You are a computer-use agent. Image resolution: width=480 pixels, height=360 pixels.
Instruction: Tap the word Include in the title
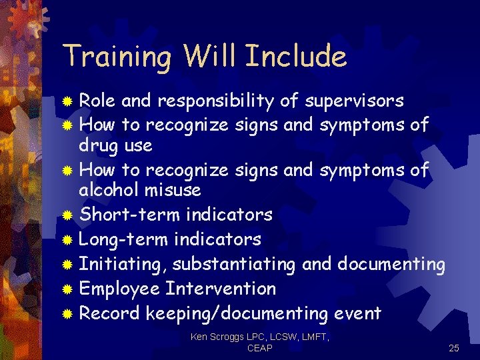[296, 57]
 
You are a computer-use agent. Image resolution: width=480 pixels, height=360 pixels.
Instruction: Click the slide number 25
[454, 348]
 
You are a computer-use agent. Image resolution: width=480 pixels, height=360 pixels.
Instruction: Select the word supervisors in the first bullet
[354, 101]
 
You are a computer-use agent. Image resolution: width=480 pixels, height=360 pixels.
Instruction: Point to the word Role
[97, 101]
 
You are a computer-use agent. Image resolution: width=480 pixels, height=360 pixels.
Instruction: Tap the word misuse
[175, 190]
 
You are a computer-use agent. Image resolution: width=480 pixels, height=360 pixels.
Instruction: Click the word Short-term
[129, 215]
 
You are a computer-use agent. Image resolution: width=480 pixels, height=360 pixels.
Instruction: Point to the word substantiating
[233, 264]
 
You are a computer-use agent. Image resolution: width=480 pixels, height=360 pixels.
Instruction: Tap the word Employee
[119, 289]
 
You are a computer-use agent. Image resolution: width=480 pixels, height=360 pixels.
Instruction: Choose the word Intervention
[221, 289]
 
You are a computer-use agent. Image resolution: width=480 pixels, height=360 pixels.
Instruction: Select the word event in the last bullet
[358, 313]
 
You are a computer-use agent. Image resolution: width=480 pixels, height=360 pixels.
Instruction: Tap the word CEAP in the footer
[259, 349]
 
